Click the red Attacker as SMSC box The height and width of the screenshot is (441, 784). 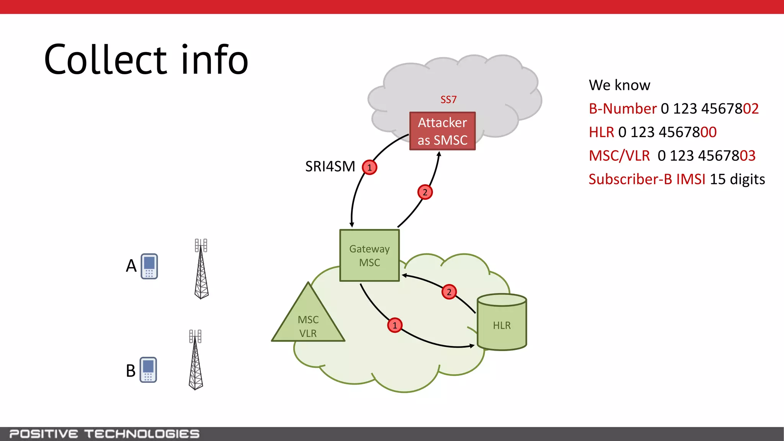[x=442, y=131]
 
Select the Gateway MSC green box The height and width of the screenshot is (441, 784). [x=369, y=255]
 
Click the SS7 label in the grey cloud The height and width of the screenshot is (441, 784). [x=448, y=100]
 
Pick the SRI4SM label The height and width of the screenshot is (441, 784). [x=330, y=167]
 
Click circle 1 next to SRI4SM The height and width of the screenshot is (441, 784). [x=369, y=167]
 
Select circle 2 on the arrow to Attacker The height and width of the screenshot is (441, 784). [x=425, y=192]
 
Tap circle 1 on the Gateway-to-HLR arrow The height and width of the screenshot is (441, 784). [x=395, y=325]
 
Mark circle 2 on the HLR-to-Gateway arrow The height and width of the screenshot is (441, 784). [x=449, y=292]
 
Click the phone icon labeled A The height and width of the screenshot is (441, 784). [x=149, y=266]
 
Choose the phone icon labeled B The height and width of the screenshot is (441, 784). [x=148, y=370]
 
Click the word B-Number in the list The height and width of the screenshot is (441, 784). [x=622, y=109]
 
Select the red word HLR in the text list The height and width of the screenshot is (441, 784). [x=601, y=132]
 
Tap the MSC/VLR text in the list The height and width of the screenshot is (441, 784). [x=619, y=156]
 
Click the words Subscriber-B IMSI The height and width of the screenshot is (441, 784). [x=647, y=179]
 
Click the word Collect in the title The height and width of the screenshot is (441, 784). [x=106, y=60]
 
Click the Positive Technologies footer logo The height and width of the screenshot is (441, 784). [x=104, y=434]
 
